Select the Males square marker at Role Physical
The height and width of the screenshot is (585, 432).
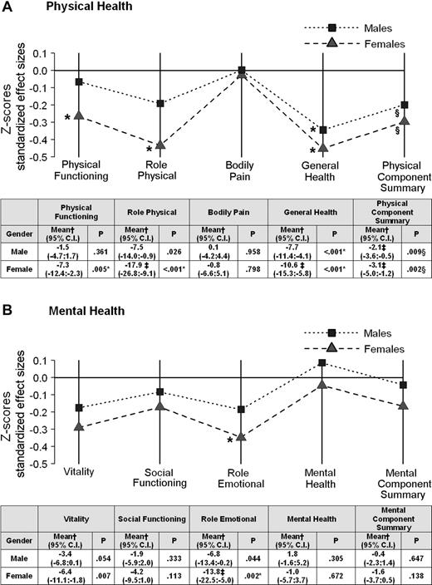[x=160, y=104]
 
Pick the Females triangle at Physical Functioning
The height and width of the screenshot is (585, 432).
[x=79, y=116]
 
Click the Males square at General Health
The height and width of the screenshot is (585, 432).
[x=322, y=130]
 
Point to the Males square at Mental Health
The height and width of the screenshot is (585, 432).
[x=322, y=362]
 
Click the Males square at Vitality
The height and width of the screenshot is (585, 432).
[x=79, y=408]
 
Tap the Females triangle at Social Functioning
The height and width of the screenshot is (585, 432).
[x=160, y=406]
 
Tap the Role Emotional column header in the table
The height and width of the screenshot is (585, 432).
[x=233, y=519]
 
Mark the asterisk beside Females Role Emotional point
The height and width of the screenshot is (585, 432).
[x=229, y=440]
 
